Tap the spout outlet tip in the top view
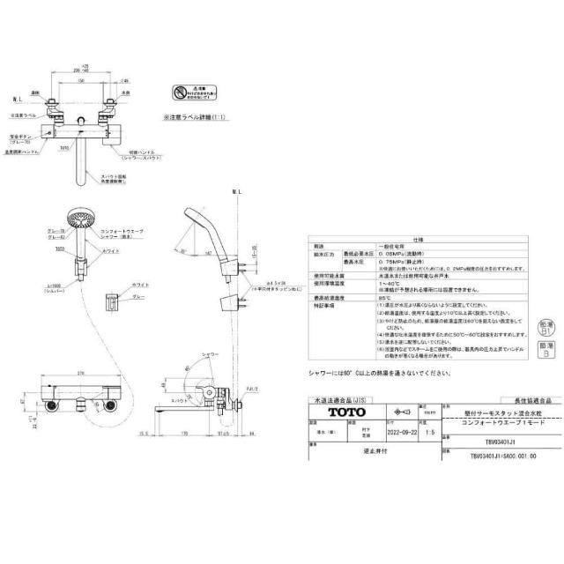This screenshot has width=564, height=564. (x=82, y=182)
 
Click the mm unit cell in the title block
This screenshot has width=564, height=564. (x=427, y=412)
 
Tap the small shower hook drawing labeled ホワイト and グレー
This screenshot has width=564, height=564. (x=111, y=301)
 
